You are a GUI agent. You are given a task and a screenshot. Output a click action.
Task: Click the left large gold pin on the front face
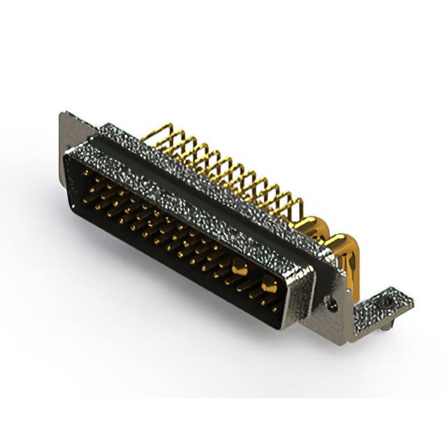click(239, 266)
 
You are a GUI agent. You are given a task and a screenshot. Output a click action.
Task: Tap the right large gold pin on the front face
click(269, 284)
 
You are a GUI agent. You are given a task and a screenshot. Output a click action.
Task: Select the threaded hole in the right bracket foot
click(386, 302)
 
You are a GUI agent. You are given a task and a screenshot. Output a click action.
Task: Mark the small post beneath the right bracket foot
click(386, 323)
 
